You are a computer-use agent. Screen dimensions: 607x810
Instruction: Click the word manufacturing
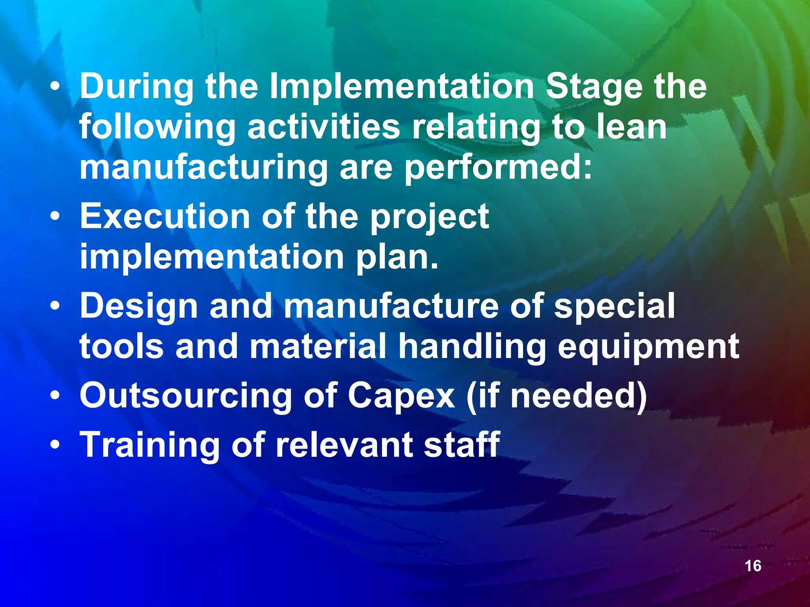[x=204, y=168]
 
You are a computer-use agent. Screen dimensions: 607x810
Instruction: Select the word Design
[x=139, y=307]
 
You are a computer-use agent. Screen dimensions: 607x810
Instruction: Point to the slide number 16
[x=753, y=566]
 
